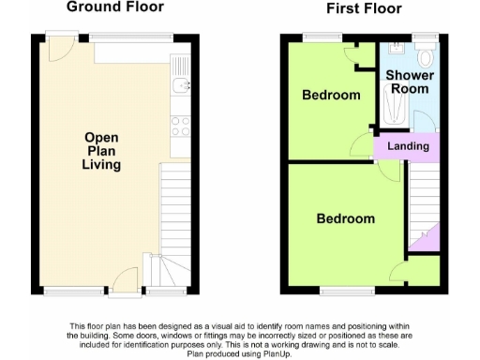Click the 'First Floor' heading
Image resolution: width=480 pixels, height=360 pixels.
click(x=364, y=9)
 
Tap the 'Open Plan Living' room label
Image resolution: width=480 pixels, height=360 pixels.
click(x=101, y=150)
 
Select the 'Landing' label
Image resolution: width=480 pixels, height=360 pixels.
click(x=408, y=147)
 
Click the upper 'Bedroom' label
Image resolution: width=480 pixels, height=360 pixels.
click(x=331, y=96)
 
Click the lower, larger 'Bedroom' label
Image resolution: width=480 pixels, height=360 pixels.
click(x=345, y=219)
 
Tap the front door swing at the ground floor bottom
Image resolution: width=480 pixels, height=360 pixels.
click(x=123, y=278)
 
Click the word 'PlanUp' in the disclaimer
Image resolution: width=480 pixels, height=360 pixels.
click(x=280, y=353)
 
